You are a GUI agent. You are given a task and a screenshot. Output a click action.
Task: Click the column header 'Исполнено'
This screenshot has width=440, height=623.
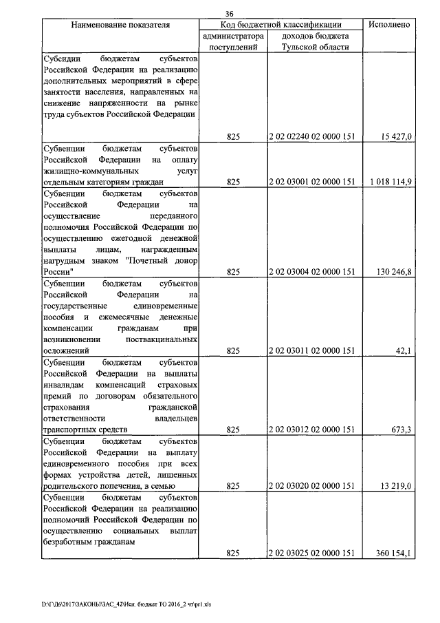tap(389, 24)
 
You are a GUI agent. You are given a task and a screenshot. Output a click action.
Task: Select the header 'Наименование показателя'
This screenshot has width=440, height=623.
tap(120, 24)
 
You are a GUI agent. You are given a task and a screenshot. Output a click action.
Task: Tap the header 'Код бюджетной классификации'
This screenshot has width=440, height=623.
tap(280, 24)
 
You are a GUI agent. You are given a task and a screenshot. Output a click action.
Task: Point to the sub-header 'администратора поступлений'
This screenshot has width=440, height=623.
tap(232, 41)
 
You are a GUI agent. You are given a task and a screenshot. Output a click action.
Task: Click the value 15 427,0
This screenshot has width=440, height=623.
tap(396, 137)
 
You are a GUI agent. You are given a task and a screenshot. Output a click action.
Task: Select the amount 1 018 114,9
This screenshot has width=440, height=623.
tap(390, 182)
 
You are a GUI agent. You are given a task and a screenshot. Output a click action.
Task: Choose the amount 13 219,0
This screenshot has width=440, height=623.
tap(395, 486)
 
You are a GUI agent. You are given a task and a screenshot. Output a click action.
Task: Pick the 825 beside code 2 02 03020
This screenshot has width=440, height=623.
tap(232, 486)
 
